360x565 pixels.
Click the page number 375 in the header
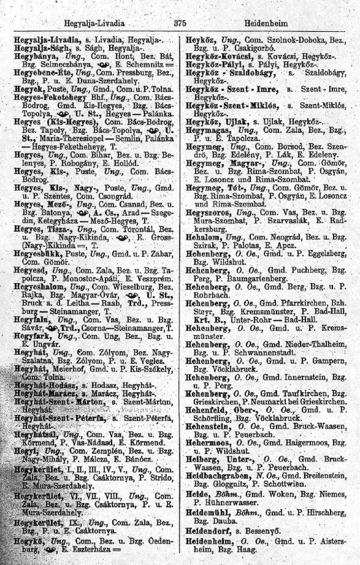179,23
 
